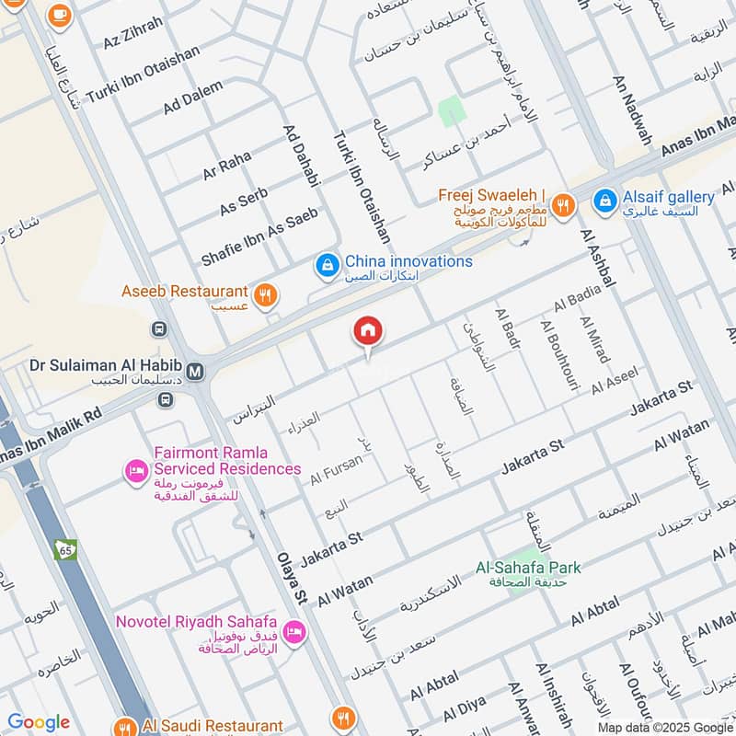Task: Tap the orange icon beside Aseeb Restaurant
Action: click(x=265, y=293)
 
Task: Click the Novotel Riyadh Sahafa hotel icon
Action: click(x=295, y=632)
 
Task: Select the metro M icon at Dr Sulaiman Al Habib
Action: click(x=195, y=371)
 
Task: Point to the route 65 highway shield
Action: click(x=66, y=549)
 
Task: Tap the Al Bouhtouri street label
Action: click(x=558, y=356)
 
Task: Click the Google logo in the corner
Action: click(x=39, y=722)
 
